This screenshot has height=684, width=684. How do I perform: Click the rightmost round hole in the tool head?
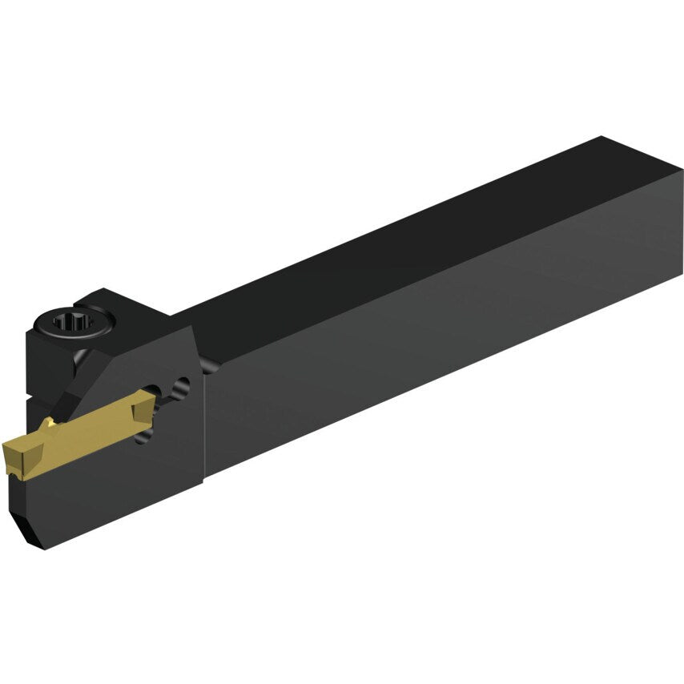point(186,387)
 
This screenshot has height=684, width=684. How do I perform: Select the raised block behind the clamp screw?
point(104,300)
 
